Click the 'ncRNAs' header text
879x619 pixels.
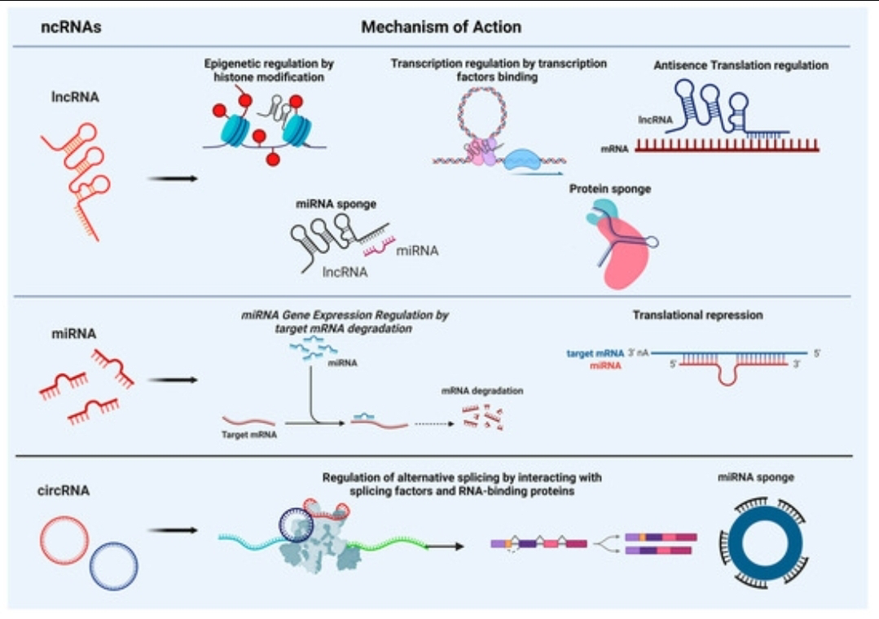[x=71, y=27]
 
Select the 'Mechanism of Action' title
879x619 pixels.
[x=442, y=27]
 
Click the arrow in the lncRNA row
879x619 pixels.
[x=173, y=179]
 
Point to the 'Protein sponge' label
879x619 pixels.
[x=610, y=189]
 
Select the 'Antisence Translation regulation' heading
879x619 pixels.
[x=741, y=65]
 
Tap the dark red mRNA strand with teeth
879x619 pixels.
[x=727, y=147]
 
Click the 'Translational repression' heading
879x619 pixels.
[x=697, y=315]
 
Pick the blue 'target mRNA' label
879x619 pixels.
[x=595, y=353]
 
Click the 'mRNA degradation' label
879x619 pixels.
[x=482, y=391]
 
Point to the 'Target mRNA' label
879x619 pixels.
[x=249, y=435]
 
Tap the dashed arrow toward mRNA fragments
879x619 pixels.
[x=434, y=424]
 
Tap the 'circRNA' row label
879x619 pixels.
[x=64, y=490]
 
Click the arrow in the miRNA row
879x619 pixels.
[x=173, y=380]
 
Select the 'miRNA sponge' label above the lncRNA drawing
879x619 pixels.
[x=336, y=204]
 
